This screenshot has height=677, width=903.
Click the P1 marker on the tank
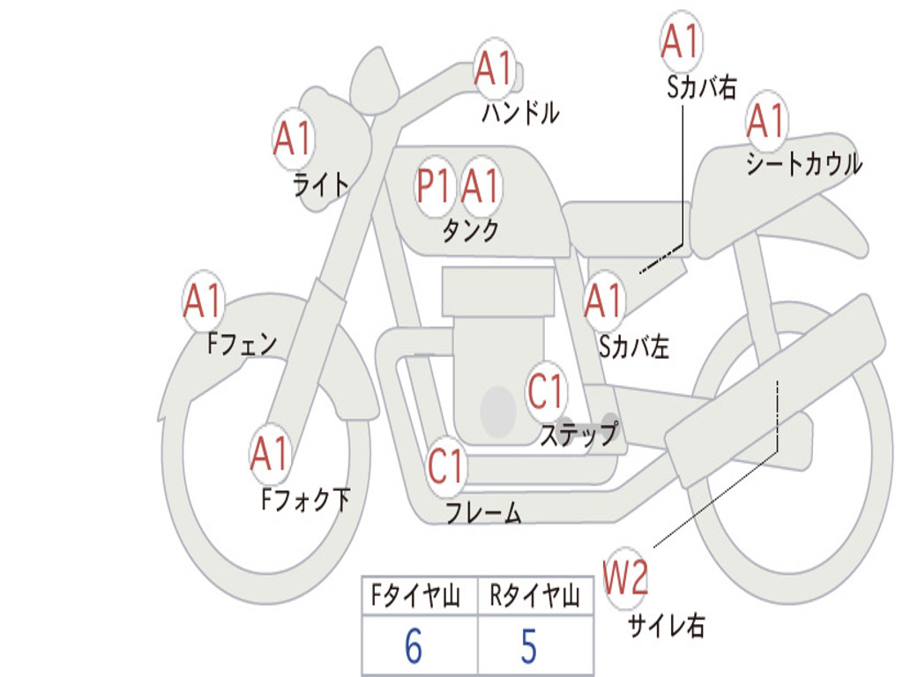point(434,186)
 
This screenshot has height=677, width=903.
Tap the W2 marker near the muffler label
point(625,577)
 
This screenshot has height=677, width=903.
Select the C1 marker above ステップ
point(545,391)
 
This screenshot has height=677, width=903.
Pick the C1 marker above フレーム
point(445,465)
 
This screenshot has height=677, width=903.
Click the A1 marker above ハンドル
point(494,68)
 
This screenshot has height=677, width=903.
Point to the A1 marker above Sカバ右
point(680,41)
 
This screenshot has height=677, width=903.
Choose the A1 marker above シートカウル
point(766,120)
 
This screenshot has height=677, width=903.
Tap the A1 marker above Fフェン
point(203,300)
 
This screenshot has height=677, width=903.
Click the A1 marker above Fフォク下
point(270,453)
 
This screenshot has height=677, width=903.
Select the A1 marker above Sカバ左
point(603,300)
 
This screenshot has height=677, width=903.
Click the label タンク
point(471,231)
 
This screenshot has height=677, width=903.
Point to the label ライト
point(321,184)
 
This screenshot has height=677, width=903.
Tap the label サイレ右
point(666,625)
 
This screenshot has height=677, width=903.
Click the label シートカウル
point(804,163)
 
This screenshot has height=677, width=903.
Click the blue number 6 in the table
point(414,645)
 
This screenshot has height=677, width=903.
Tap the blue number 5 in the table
point(529,645)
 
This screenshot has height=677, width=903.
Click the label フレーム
point(484,512)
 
